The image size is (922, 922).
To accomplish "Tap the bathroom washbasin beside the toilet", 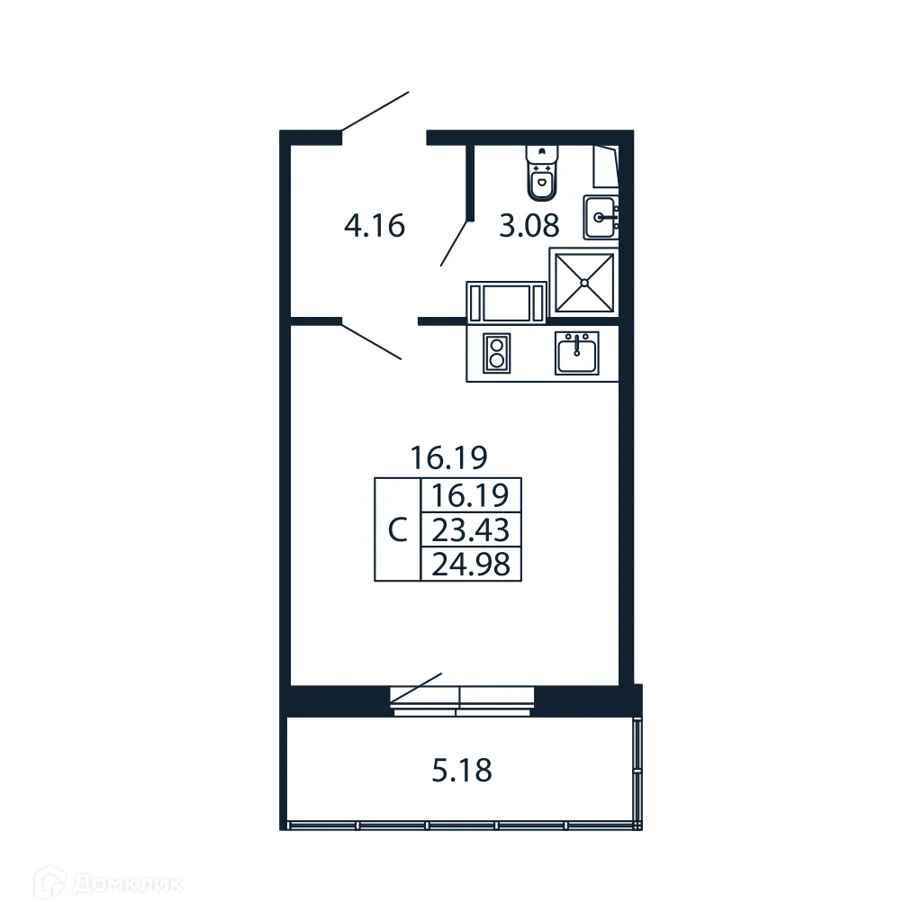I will coord(601,217).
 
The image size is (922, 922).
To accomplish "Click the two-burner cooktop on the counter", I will coord(496,352).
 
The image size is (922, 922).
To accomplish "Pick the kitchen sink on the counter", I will coord(576,352).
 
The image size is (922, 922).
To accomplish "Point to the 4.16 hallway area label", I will coord(375,225).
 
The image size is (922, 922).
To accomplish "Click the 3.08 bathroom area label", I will coord(529,226).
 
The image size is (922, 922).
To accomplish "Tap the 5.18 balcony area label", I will coord(462,771).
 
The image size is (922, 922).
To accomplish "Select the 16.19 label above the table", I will coord(448,458).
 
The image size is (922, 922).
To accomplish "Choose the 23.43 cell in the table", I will coord(471,529).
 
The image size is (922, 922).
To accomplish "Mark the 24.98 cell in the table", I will coord(471,565).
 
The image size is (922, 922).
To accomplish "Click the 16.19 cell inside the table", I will coord(471,495).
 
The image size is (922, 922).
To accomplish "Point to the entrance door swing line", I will coord(375,112).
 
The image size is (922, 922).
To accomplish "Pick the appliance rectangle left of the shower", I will coord(506,301).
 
